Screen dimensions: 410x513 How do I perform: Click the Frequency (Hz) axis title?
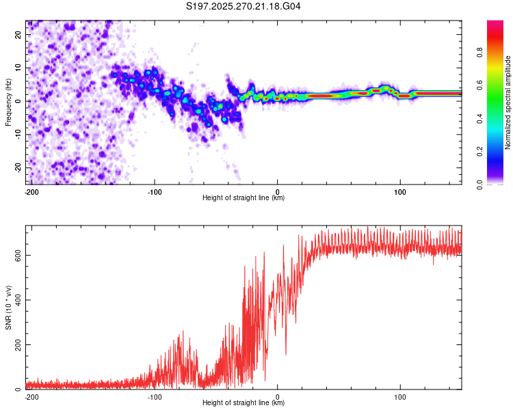point(8,102)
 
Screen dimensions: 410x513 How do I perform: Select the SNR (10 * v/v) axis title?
point(8,307)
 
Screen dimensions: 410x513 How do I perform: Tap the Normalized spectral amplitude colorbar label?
point(508,102)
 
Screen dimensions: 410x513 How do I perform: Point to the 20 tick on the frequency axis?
point(18,34)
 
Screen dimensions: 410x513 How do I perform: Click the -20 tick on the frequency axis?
point(18,167)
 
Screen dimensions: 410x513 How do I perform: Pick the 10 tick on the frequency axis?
point(18,68)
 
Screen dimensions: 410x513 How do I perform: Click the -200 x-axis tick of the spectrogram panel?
point(31,191)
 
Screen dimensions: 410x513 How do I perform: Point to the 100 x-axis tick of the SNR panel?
point(399,396)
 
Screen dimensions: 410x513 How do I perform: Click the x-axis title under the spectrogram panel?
point(244,198)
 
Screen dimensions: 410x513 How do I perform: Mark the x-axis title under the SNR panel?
point(244,403)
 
